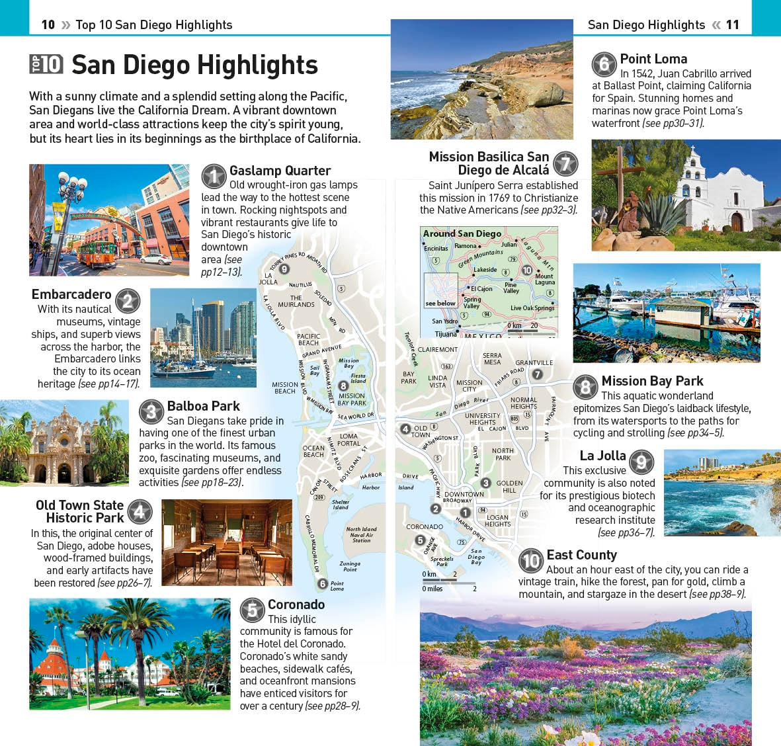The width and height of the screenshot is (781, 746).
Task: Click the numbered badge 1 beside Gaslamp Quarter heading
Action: pos(214,177)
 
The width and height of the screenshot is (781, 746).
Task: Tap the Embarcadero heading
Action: pos(71,294)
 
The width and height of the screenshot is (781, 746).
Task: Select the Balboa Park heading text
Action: pos(203,406)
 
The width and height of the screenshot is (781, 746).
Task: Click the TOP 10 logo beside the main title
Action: pos(46,64)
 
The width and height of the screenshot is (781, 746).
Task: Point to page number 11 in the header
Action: pos(733,24)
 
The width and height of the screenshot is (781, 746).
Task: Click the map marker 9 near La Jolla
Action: pos(284,269)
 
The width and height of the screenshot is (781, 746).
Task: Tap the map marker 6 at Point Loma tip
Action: pos(322,583)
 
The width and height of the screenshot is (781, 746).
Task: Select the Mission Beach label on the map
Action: pos(285,388)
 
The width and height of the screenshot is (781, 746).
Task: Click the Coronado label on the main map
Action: pos(425,527)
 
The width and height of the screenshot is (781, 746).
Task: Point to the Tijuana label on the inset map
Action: pos(446,334)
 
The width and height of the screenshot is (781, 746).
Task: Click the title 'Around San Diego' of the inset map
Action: pos(462,233)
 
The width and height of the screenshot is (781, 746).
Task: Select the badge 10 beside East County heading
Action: pos(531,561)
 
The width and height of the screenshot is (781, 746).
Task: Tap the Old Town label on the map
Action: pos(421,431)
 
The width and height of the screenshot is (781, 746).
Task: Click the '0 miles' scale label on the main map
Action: pos(432,589)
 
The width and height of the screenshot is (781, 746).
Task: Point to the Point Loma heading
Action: pos(653,59)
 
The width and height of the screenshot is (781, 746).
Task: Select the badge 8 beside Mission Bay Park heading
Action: pos(585,387)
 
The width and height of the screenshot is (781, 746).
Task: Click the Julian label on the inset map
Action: pos(509,244)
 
